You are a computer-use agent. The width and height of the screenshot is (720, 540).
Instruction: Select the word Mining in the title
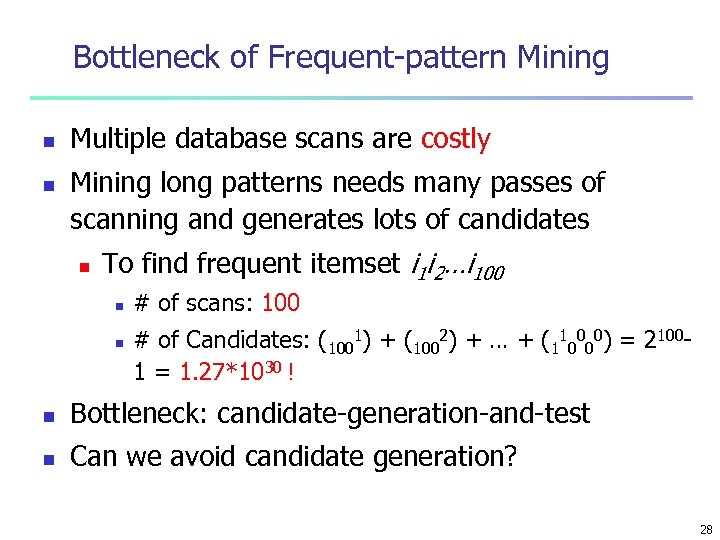pyautogui.click(x=563, y=58)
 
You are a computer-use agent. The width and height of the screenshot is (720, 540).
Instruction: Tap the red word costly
pyautogui.click(x=455, y=139)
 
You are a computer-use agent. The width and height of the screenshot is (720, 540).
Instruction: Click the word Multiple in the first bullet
pyautogui.click(x=118, y=139)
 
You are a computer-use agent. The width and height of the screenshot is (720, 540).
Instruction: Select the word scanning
pyautogui.click(x=121, y=219)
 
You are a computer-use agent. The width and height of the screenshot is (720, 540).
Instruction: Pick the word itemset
pyautogui.click(x=358, y=264)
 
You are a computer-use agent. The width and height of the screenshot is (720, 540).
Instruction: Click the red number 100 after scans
pyautogui.click(x=280, y=302)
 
